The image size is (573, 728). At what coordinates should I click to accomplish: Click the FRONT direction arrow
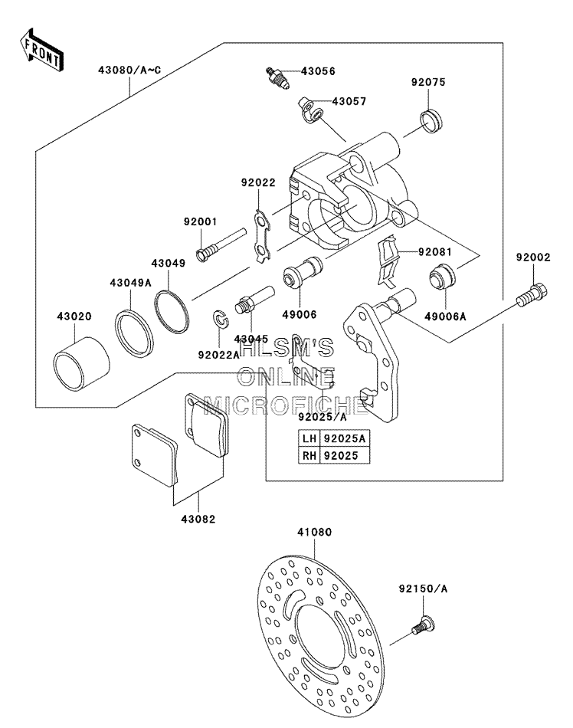click(x=41, y=50)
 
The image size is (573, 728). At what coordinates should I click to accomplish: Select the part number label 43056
click(x=318, y=71)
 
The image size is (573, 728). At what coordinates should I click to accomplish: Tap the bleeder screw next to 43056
click(x=277, y=78)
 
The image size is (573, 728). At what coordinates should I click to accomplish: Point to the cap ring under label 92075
click(x=431, y=121)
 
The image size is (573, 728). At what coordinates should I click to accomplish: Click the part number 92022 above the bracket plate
click(x=258, y=182)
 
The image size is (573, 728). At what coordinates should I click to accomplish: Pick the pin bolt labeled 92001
click(x=221, y=244)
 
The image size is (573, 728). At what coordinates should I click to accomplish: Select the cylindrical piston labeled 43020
click(x=82, y=363)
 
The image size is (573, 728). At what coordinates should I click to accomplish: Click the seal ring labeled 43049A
click(x=134, y=333)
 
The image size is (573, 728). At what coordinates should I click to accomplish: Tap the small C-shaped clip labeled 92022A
click(x=221, y=320)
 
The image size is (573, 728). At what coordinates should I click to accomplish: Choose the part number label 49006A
click(x=445, y=316)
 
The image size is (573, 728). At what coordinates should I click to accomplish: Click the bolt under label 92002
click(x=532, y=295)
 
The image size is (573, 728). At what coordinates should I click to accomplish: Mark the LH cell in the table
click(x=309, y=438)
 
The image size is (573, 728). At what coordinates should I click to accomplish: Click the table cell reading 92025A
click(x=344, y=438)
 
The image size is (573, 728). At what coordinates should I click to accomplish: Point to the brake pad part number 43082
click(x=198, y=519)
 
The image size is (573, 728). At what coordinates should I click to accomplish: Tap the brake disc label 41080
click(x=314, y=532)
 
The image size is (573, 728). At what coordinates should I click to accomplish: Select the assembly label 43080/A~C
click(x=129, y=70)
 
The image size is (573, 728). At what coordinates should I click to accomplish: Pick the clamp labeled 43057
click(x=311, y=110)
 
